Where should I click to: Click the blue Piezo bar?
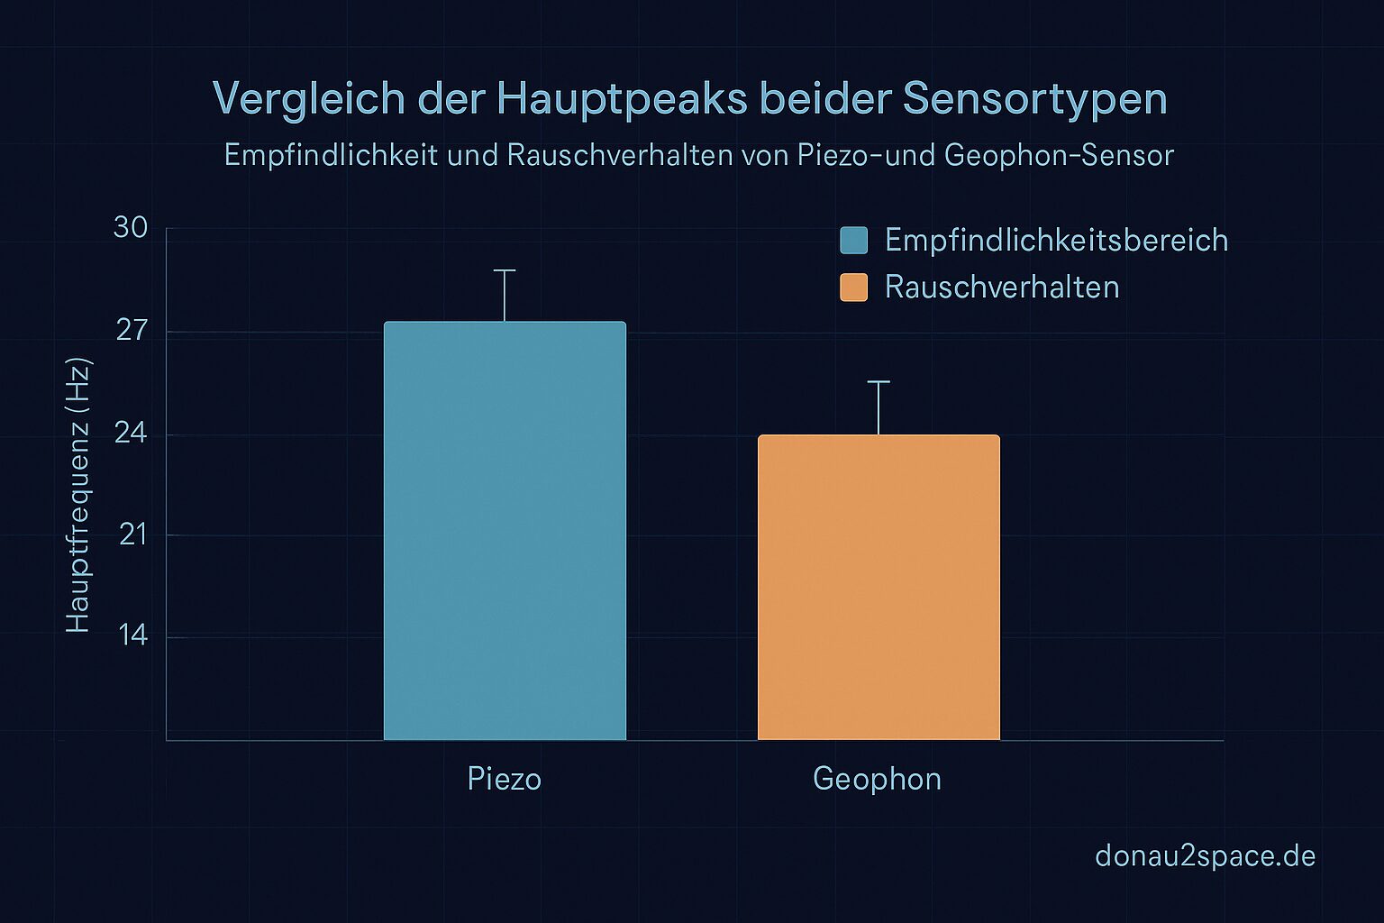[505, 532]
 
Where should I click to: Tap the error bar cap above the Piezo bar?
[505, 270]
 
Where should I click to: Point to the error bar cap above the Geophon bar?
[879, 382]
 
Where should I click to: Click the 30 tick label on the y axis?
[131, 228]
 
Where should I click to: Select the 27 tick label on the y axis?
[131, 331]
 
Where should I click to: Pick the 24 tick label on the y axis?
[131, 434]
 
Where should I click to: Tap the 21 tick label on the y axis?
[132, 535]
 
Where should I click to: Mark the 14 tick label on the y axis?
[132, 636]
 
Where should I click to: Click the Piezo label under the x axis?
[505, 779]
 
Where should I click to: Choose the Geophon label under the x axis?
[877, 779]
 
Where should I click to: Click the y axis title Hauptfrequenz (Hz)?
[78, 496]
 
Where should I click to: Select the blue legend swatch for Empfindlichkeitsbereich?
[853, 241]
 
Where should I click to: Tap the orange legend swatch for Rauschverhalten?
[853, 288]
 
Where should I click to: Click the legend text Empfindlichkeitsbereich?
[1056, 241]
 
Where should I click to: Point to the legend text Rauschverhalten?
[1002, 288]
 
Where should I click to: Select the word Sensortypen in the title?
[1035, 99]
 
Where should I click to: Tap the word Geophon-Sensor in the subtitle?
[1059, 156]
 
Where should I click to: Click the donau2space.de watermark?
[1205, 855]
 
